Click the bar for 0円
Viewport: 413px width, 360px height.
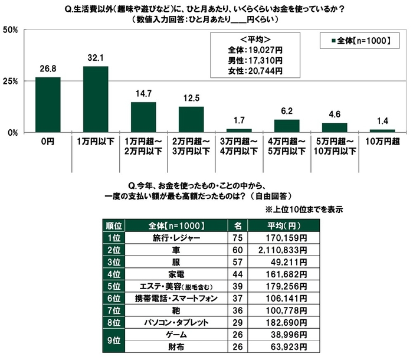pos(48,104)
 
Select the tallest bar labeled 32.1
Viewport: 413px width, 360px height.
pos(96,99)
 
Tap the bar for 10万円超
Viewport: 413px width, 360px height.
pos(382,130)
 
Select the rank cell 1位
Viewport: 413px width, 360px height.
pos(114,238)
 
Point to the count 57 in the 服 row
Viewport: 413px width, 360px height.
pos(238,262)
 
